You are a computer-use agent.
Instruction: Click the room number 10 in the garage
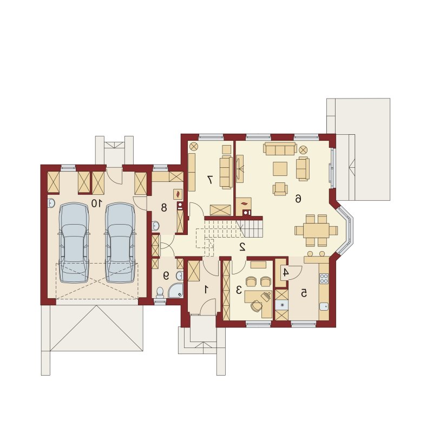[x=97, y=204]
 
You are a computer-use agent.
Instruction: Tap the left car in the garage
[x=74, y=242]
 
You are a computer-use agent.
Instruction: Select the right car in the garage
[x=120, y=242]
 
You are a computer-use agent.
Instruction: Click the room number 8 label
[x=164, y=207]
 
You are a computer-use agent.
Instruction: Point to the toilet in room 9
[x=160, y=293]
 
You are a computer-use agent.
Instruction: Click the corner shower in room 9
[x=176, y=291]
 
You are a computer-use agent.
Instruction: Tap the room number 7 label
[x=210, y=180]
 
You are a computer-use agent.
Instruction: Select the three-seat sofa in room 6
[x=280, y=148]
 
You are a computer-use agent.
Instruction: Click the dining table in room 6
[x=316, y=231]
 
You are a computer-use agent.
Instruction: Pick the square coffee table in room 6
[x=280, y=169]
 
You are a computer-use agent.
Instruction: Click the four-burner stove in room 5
[x=324, y=279]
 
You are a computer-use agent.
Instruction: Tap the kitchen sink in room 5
[x=324, y=306]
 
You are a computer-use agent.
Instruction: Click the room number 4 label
[x=286, y=273]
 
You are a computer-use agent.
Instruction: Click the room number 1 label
[x=206, y=290]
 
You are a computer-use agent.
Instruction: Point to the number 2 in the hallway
[x=242, y=247]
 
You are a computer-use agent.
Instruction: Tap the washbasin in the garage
[x=51, y=204]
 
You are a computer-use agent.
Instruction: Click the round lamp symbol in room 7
[x=193, y=146]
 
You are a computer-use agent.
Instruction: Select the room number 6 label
[x=298, y=198]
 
